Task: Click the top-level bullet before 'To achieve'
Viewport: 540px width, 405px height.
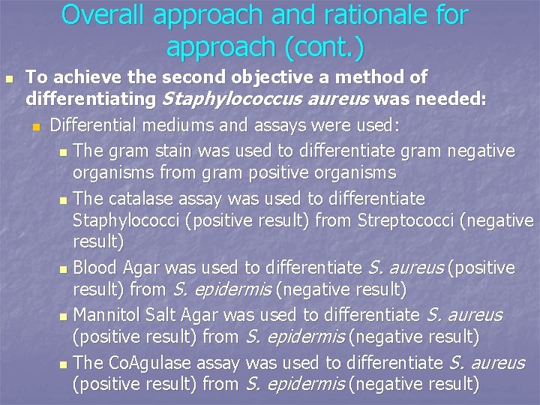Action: click(x=8, y=78)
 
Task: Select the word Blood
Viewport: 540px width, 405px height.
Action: click(x=94, y=268)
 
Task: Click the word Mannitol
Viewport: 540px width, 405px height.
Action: click(x=106, y=315)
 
